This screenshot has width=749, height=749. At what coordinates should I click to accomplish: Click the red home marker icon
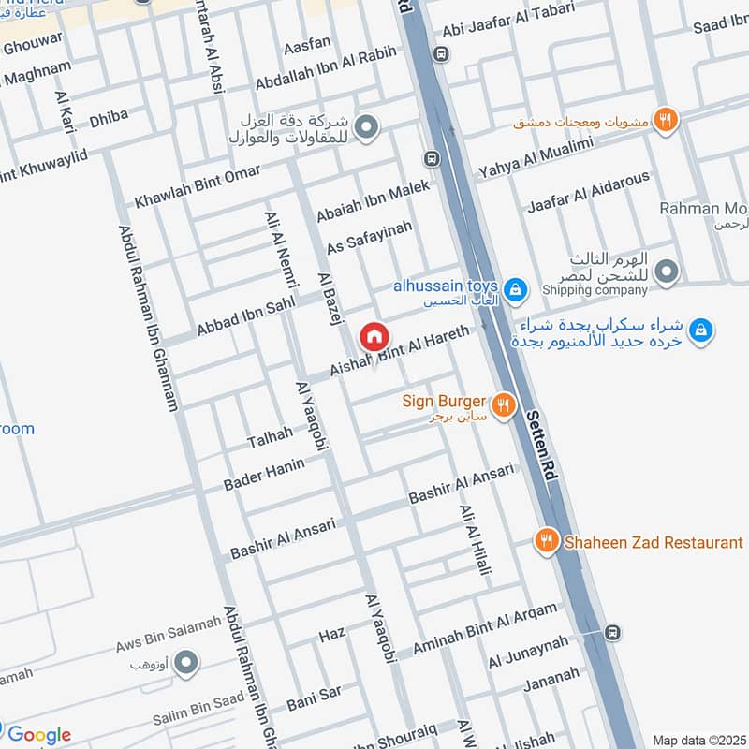[374, 335]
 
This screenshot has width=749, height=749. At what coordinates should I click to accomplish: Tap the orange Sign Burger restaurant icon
[504, 404]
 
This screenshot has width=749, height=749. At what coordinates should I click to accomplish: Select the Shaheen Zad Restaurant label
[653, 542]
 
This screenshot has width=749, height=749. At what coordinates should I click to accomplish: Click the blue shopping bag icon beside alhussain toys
[514, 290]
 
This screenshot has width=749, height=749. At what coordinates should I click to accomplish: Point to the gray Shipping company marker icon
[667, 272]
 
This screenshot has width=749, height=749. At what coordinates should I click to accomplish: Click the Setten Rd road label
[544, 445]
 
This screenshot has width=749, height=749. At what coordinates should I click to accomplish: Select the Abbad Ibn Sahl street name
[245, 316]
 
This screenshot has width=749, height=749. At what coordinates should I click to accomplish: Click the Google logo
[38, 735]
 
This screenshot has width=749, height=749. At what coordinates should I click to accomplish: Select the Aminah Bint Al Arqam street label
[485, 627]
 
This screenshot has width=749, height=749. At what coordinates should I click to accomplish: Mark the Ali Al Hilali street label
[475, 540]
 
